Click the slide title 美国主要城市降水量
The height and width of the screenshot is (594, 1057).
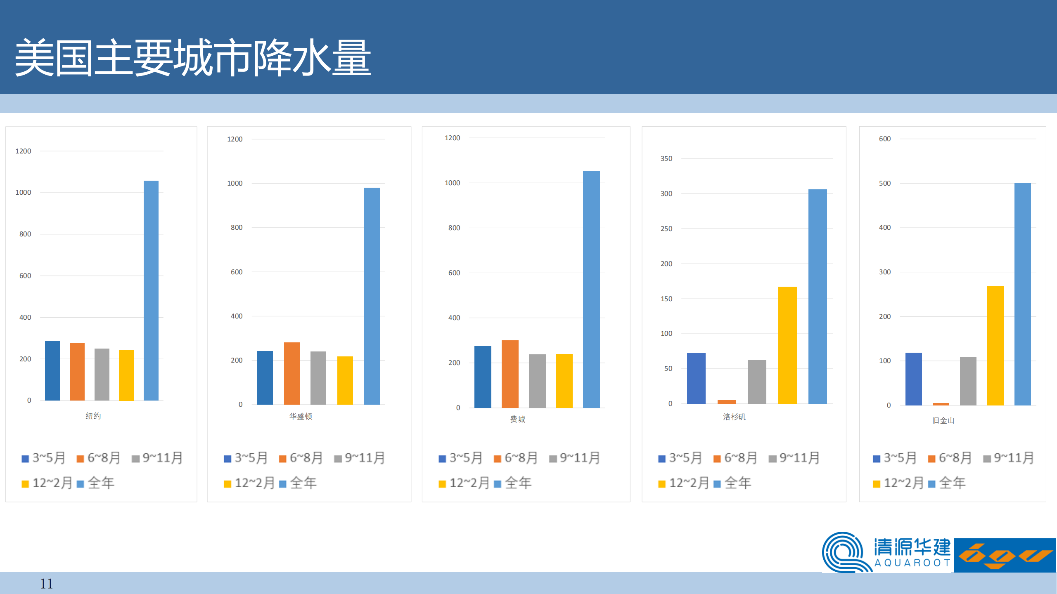[x=192, y=58]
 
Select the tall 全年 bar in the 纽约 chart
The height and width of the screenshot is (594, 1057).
[x=151, y=290]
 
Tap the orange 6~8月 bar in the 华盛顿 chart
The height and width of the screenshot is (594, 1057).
[x=292, y=373]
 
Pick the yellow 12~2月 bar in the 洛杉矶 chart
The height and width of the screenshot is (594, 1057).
[x=787, y=345]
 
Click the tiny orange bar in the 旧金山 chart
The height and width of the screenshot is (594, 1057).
[x=941, y=404]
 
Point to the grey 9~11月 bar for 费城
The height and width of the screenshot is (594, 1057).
[x=537, y=381]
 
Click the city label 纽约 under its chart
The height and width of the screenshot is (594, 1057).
[x=93, y=416]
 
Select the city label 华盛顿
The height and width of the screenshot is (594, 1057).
[x=301, y=416]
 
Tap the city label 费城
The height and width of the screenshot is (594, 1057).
[x=517, y=419]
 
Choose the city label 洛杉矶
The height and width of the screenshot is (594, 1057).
[x=734, y=417]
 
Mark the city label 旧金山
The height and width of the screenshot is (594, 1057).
[x=943, y=420]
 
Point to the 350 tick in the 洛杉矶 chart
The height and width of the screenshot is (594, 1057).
[x=666, y=158]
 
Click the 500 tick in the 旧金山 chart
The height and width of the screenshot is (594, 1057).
[x=885, y=183]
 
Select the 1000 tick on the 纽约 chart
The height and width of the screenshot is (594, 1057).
[x=23, y=192]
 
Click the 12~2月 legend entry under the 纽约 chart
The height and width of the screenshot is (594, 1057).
[x=47, y=483]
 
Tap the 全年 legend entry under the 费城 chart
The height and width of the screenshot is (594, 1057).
[x=513, y=483]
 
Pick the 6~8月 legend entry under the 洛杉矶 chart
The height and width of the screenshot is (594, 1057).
[x=735, y=458]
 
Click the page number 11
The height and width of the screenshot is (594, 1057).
[x=46, y=584]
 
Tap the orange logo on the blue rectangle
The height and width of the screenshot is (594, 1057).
[x=1005, y=555]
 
